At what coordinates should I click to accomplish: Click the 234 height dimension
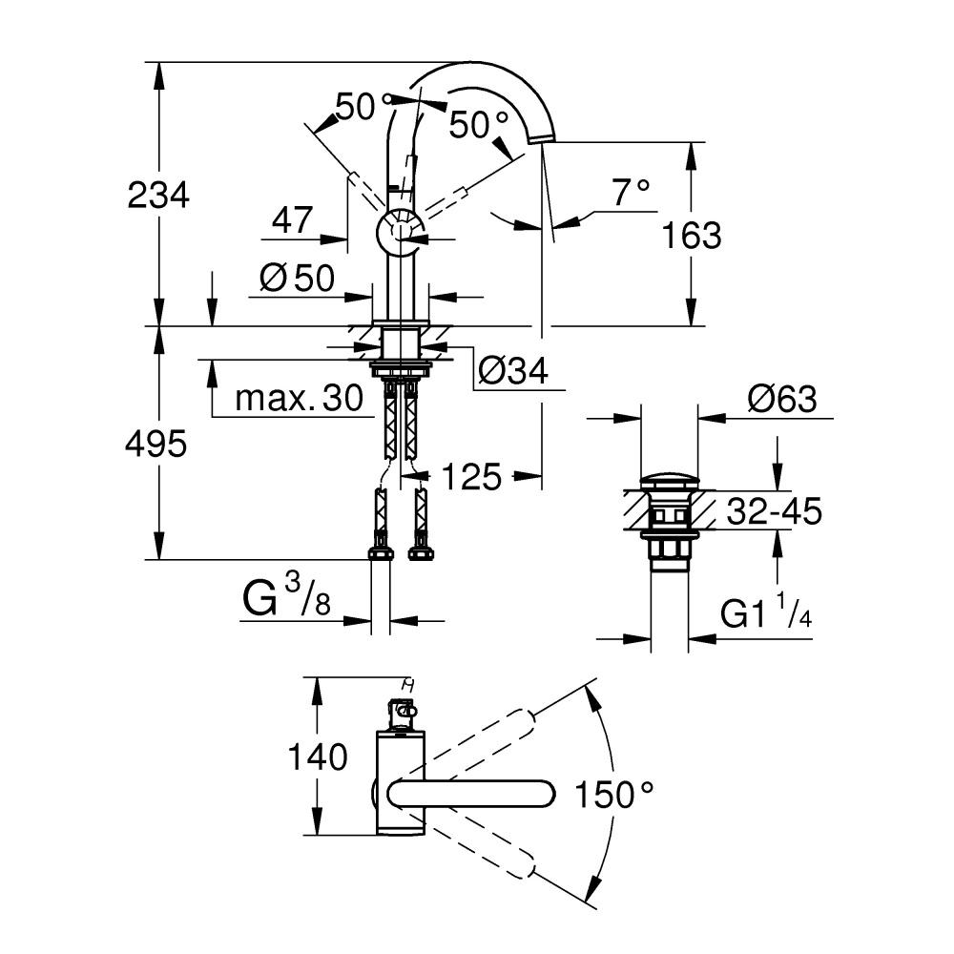point(160,196)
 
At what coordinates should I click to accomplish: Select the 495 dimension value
point(156,443)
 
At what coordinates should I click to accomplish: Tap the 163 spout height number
point(692,235)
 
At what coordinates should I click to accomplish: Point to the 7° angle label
point(631,193)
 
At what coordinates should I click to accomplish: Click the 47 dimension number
point(292,221)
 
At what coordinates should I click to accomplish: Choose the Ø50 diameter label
point(297,278)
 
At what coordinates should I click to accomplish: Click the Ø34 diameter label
point(513,371)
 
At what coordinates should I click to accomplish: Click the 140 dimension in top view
point(319,757)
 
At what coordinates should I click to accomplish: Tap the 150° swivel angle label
point(615,793)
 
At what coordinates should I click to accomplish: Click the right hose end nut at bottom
point(419,552)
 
